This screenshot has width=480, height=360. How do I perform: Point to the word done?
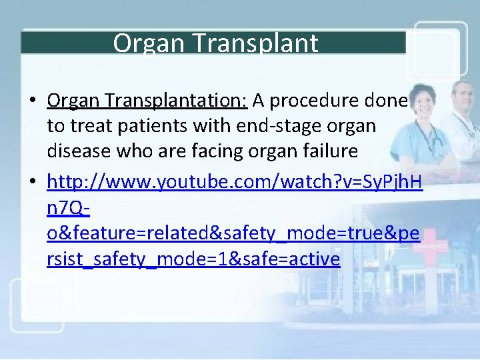point(387,100)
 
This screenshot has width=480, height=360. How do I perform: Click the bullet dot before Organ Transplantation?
point(33,101)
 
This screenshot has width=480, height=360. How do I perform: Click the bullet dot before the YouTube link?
point(33,184)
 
